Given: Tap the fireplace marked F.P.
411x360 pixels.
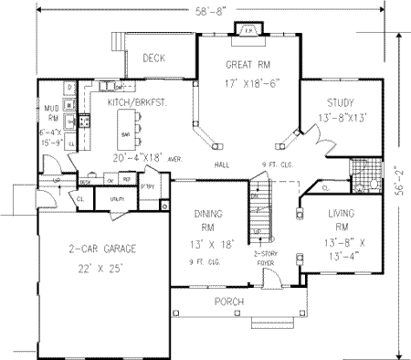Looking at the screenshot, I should [248, 29].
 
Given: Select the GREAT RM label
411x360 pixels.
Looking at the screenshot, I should [248, 66].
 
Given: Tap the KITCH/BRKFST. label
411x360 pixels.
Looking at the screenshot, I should [137, 104].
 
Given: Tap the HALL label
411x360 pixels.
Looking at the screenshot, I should [220, 164].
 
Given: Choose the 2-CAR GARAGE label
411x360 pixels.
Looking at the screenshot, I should [89, 249].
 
